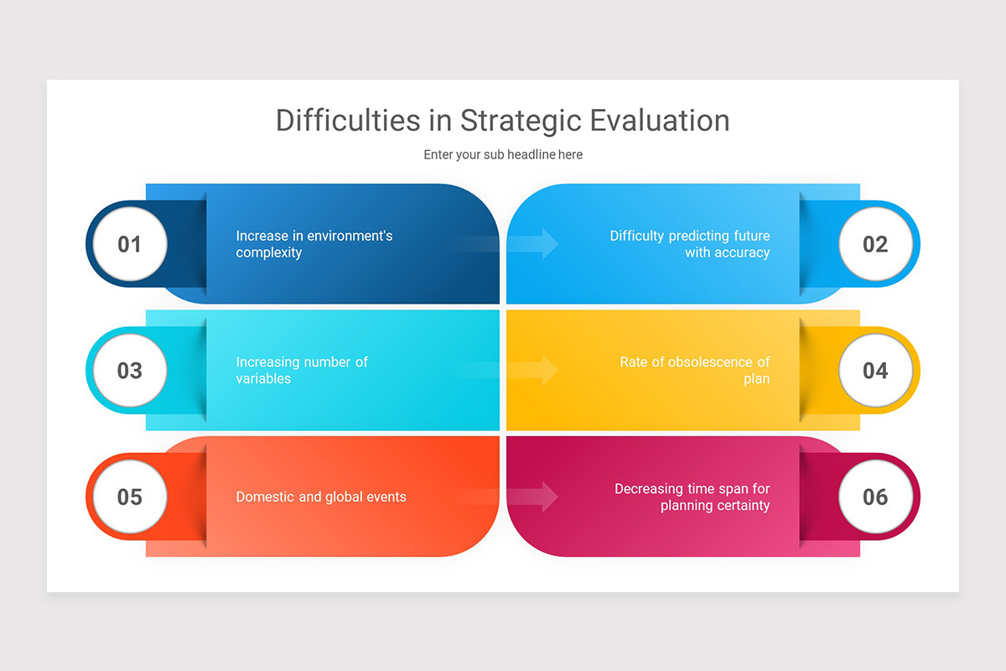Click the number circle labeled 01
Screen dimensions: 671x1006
point(130,244)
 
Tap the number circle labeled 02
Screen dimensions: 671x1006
point(875,244)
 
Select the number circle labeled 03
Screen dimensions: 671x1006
point(130,371)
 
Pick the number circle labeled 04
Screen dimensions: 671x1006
point(875,371)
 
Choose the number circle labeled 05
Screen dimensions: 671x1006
point(130,497)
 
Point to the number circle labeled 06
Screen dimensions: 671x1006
point(875,497)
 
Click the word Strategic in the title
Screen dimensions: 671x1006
point(520,121)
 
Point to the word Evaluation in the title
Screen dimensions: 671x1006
point(659,121)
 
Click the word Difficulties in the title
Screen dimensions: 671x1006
point(349,121)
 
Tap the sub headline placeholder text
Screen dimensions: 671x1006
point(503,154)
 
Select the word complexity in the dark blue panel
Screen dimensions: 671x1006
point(268,253)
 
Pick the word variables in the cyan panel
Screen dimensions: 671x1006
point(263,379)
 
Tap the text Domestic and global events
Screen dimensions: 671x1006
point(321,497)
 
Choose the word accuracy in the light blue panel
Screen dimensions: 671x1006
point(741,253)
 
